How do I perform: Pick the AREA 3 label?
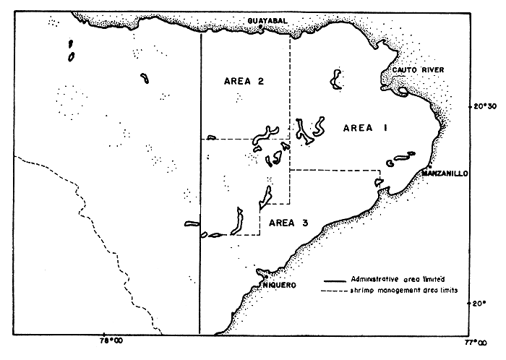pyautogui.click(x=288, y=222)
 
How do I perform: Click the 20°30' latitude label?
pyautogui.click(x=484, y=106)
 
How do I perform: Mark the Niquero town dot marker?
pyautogui.click(x=266, y=276)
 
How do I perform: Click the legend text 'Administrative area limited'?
pyautogui.click(x=393, y=279)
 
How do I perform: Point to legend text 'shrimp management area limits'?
pyautogui.click(x=398, y=290)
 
